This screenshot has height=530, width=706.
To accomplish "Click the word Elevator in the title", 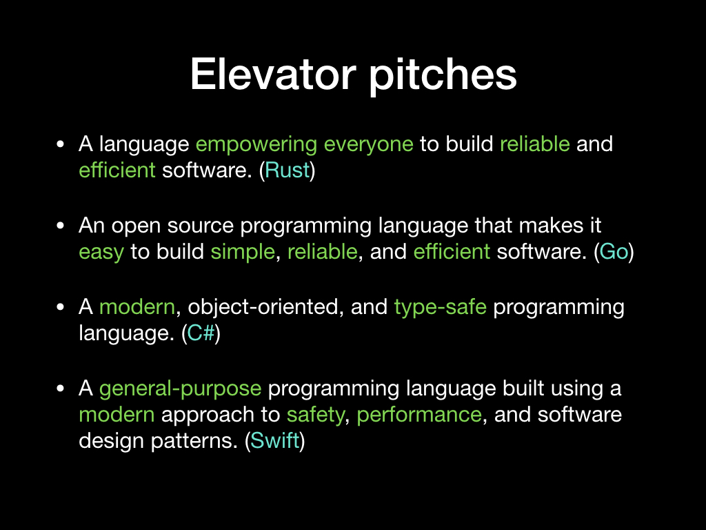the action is [273, 75].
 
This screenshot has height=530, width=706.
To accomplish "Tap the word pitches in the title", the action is [443, 77].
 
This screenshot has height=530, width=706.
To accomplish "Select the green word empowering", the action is [256, 145].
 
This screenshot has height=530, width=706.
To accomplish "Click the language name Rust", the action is [288, 170].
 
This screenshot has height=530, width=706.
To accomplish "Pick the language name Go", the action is [614, 251].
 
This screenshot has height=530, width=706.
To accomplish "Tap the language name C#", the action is [201, 333].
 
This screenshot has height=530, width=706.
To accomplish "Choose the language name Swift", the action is [275, 440].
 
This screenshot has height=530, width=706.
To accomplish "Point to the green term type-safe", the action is [441, 308].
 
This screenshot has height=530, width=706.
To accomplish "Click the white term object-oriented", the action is [263, 308].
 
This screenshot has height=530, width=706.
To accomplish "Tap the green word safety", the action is [316, 415].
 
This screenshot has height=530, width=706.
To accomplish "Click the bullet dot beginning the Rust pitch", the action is [61, 145].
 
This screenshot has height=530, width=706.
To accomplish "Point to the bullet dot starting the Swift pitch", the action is [61, 389].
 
